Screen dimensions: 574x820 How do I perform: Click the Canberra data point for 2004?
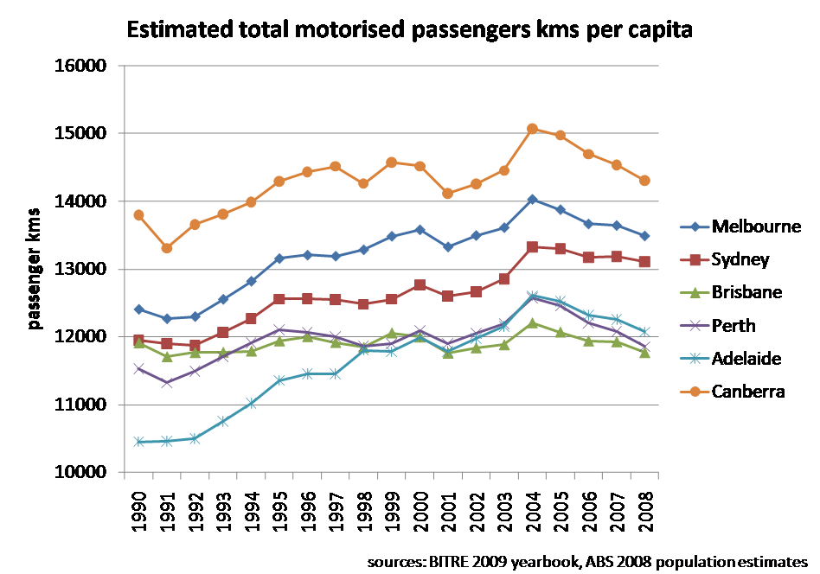click(532, 129)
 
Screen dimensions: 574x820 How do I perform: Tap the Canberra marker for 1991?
click(166, 248)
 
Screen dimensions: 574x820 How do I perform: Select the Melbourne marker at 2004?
click(532, 200)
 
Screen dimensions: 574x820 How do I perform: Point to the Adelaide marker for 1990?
click(138, 442)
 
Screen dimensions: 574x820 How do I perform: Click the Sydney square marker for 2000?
click(420, 284)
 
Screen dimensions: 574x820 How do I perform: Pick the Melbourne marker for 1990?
click(138, 309)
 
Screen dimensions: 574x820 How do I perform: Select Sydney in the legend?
click(740, 259)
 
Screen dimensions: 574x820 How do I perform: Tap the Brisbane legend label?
click(746, 292)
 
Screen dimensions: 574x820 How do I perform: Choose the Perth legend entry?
click(733, 325)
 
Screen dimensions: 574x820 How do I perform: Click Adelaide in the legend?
click(746, 358)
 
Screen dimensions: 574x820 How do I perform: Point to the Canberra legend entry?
click(748, 391)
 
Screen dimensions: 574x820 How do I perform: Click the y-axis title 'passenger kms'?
click(35, 269)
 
